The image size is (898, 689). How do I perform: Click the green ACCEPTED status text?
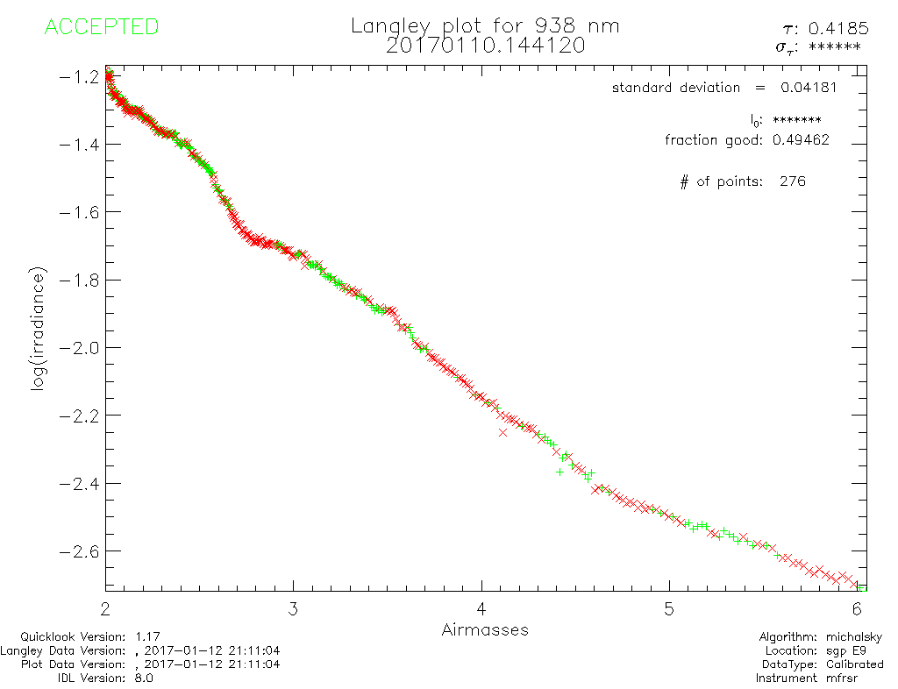101,27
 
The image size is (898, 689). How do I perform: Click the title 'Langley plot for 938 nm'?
485,26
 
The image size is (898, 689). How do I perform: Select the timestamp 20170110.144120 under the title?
485,46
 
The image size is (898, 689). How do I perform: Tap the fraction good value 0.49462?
801,139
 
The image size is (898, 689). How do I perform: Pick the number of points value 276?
792,181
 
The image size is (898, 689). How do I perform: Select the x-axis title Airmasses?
485,629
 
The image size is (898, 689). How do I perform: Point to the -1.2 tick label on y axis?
79,76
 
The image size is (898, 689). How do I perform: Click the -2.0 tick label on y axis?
79,347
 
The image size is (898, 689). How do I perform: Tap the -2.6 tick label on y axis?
79,550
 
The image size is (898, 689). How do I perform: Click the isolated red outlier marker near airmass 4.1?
502,432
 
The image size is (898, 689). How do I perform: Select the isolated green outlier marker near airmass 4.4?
560,472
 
